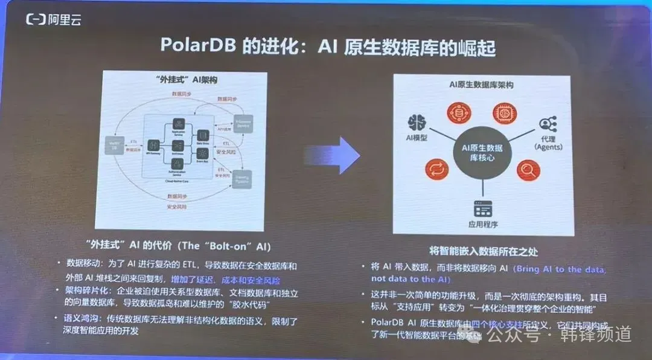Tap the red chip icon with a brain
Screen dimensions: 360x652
505,112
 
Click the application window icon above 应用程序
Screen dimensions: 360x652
482,208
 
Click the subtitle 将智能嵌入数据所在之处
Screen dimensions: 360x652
481,249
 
